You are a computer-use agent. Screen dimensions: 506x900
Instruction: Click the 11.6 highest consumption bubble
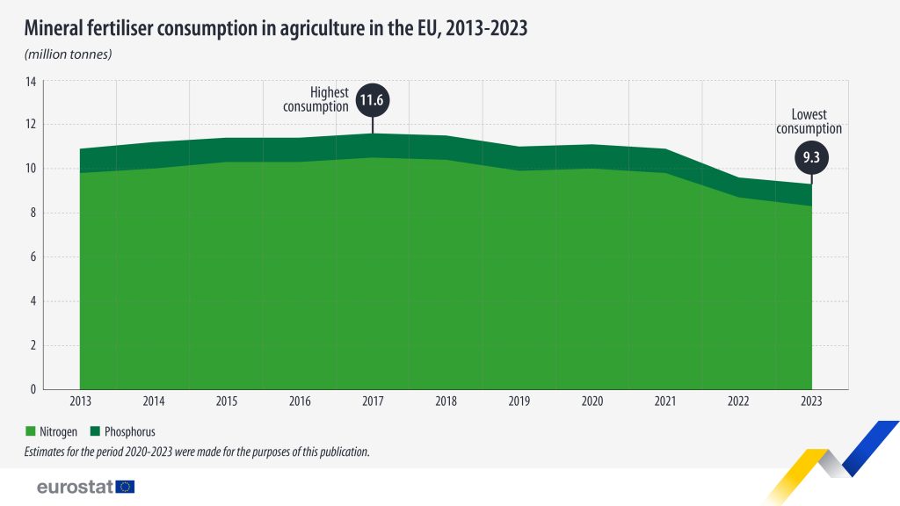click(373, 101)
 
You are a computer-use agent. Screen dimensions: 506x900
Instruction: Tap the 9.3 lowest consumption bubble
click(810, 158)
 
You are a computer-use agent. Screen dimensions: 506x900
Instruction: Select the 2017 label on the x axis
click(373, 401)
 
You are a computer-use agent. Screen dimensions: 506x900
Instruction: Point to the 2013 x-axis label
click(80, 401)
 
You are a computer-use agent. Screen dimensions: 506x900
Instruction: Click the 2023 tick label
click(810, 401)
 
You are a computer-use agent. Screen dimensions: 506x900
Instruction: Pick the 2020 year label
click(592, 401)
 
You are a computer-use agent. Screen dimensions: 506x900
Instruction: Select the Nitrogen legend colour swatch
click(31, 432)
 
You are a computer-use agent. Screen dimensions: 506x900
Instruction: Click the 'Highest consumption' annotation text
click(317, 99)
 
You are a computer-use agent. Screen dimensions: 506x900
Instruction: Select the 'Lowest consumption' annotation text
click(809, 121)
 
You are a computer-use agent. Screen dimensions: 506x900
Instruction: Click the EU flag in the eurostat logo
click(125, 487)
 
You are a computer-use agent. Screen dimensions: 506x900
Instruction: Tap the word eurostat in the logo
click(75, 487)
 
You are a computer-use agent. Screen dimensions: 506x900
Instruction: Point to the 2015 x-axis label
click(226, 401)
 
